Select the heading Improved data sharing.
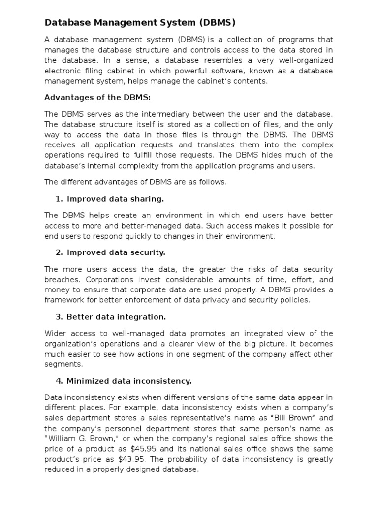click(x=115, y=199)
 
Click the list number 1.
click(x=59, y=199)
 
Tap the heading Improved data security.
click(x=116, y=252)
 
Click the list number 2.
click(x=59, y=252)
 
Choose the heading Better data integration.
click(x=116, y=316)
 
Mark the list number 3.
click(x=59, y=316)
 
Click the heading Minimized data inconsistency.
click(x=129, y=381)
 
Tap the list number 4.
click(x=59, y=381)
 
